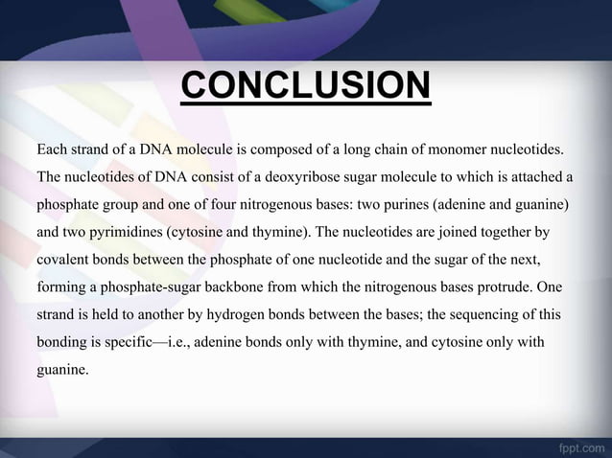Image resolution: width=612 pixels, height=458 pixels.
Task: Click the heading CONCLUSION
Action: (x=305, y=91)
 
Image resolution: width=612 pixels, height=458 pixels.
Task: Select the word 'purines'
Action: (x=383, y=205)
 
